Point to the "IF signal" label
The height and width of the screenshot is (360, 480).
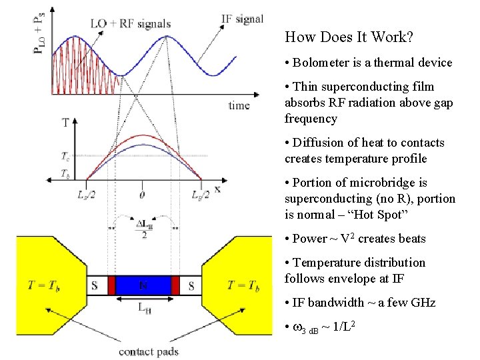[x=241, y=19]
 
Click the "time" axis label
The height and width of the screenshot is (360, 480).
[x=239, y=105]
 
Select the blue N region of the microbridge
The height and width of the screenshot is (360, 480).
[x=144, y=285]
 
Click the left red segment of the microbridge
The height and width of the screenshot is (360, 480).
[x=112, y=285]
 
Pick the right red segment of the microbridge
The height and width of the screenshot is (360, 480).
[x=176, y=285]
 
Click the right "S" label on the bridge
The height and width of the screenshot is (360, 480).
[x=191, y=286]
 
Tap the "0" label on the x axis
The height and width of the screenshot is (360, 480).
[x=141, y=194]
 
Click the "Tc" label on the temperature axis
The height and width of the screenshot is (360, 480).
[x=65, y=157]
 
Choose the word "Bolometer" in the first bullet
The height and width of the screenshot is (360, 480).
[x=319, y=63]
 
